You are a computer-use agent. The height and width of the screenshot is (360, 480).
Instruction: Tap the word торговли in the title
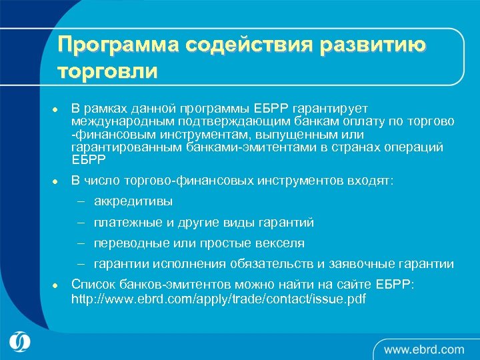(x=107, y=71)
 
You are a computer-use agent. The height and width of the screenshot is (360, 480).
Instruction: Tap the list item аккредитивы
(x=133, y=201)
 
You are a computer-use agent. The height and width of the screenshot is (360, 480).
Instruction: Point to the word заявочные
(x=371, y=264)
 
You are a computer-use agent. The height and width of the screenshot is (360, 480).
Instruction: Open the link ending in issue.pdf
(x=218, y=299)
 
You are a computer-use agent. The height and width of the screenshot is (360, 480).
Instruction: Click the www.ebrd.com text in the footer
(x=424, y=349)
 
